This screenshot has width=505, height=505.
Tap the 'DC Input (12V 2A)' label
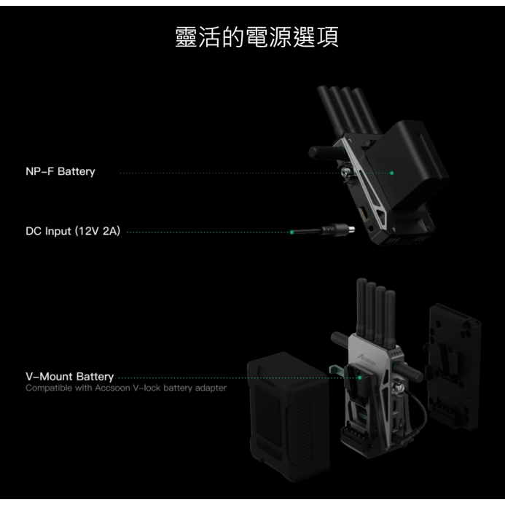[73, 232]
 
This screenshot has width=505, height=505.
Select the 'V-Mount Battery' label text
[69, 377]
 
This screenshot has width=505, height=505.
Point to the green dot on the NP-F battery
[391, 173]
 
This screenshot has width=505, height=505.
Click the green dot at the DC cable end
[291, 232]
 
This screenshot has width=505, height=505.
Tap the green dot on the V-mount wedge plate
[360, 377]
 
